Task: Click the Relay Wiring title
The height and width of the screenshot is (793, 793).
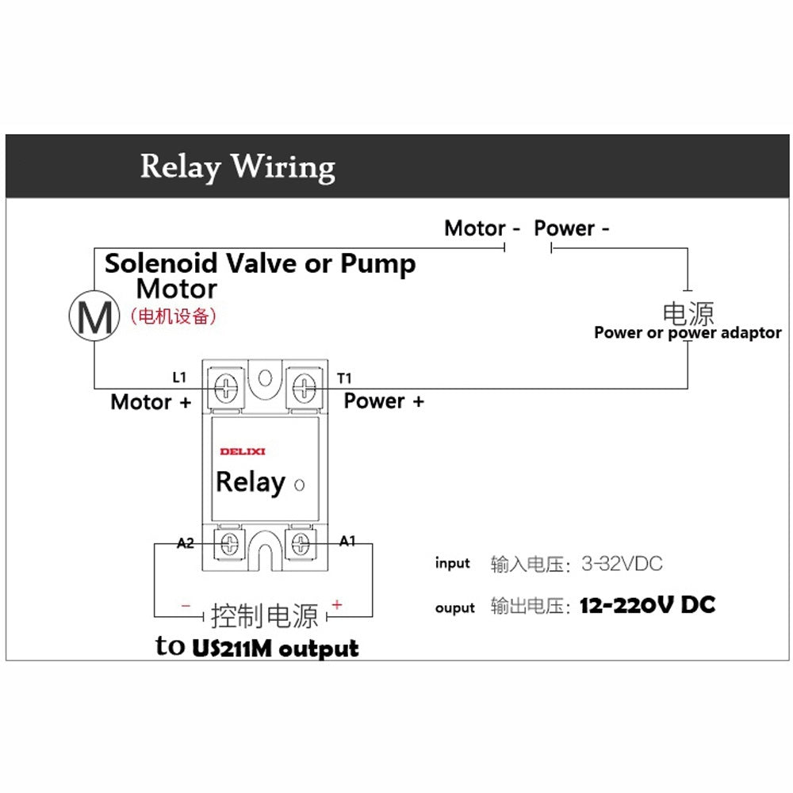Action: [237, 167]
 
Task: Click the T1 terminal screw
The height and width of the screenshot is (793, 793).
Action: [305, 388]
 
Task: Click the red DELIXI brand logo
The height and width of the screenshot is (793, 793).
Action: [243, 451]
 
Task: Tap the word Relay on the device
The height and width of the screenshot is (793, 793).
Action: [250, 482]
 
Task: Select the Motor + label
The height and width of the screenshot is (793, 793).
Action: [151, 402]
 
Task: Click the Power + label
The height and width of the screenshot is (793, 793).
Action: [384, 401]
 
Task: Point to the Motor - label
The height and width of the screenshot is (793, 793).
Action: [482, 228]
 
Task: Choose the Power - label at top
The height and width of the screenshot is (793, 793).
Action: [572, 228]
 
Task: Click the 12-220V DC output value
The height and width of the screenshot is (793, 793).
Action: [647, 606]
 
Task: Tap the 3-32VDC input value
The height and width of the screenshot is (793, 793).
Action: [622, 565]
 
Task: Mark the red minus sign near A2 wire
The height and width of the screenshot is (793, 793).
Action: [186, 606]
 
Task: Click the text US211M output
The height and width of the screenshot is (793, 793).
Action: [275, 648]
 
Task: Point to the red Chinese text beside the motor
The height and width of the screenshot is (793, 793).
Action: [173, 316]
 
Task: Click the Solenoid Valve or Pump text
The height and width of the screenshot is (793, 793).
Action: [260, 263]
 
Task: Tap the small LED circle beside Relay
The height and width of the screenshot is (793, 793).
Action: [299, 485]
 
